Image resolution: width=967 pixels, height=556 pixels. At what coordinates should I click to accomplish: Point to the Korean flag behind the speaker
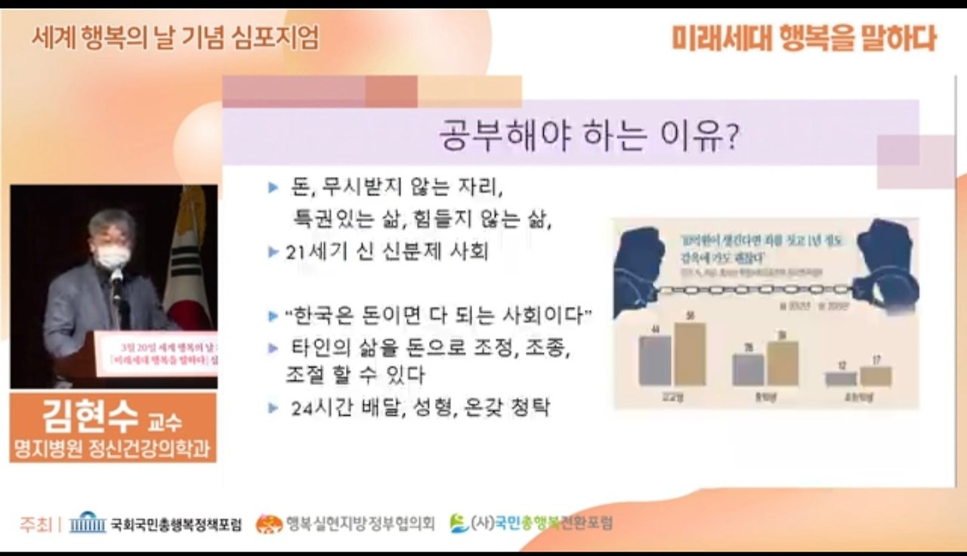[x=190, y=257]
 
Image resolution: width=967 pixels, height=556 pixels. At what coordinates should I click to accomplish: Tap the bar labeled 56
[x=690, y=354]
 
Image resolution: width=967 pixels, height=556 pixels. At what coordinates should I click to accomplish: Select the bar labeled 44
[x=654, y=360]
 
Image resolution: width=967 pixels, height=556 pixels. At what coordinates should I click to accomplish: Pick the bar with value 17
[x=876, y=375]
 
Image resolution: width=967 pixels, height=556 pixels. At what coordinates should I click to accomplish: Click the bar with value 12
[x=840, y=378]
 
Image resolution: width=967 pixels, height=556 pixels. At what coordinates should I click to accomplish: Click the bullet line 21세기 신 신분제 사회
[x=387, y=252]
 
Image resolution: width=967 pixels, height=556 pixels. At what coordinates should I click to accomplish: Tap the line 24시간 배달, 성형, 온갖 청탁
[x=421, y=408]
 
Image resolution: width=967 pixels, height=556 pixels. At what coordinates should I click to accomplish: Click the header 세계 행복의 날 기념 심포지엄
[x=175, y=36]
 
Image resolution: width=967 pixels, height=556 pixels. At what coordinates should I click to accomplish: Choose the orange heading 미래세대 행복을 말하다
[x=804, y=38]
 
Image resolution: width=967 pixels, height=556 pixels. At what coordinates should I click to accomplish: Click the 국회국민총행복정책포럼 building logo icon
[x=87, y=523]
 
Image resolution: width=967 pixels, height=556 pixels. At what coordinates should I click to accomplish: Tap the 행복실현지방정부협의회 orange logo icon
[x=269, y=524]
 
